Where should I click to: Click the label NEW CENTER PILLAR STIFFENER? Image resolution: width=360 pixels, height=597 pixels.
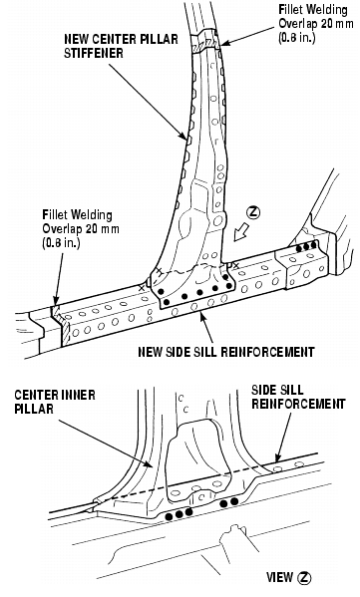pos(121,46)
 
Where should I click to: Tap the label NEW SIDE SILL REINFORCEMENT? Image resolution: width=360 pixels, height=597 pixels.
pos(226,352)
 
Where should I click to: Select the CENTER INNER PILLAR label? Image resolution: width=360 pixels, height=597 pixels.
pos(55,402)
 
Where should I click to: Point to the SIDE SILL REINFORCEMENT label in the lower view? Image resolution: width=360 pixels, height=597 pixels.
pos(298,397)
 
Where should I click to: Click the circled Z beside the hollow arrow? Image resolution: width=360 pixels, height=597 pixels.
pos(253,212)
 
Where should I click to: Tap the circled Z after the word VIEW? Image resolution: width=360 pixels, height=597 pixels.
pos(304,578)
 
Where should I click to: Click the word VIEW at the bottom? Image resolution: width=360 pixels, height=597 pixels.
pos(280,578)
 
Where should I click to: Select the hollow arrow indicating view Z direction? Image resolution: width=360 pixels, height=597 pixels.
pos(241,232)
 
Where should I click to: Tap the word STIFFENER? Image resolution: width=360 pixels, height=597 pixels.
pos(94,53)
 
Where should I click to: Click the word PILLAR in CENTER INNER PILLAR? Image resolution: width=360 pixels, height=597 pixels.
pos(34,409)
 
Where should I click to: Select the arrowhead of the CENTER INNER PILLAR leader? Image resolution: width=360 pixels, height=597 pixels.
pos(150,463)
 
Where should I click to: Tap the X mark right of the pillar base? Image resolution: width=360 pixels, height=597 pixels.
pos(235,264)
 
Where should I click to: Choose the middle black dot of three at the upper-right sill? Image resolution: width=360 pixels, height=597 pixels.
pos(306,248)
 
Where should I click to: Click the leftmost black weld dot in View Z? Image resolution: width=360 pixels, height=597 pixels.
pos(170,516)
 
